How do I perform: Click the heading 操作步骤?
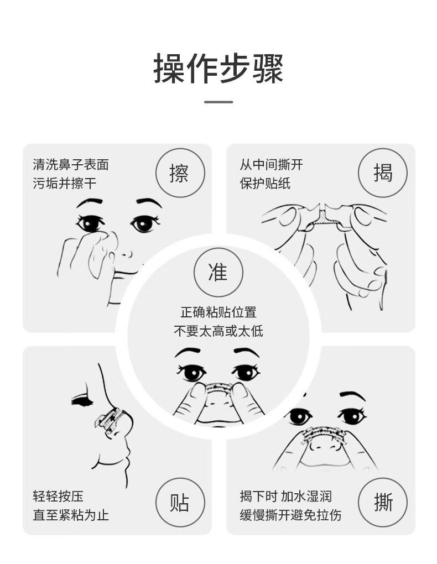[x=218, y=69]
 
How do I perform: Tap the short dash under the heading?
[x=218, y=102]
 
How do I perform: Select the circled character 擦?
[x=179, y=173]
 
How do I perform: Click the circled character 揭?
[x=383, y=173]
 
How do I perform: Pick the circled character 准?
[x=218, y=271]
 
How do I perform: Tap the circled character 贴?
[x=179, y=503]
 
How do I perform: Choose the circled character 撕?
[x=383, y=503]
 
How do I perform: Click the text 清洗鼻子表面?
[x=71, y=164]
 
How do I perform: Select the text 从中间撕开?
[x=271, y=164]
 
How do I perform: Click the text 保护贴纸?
[x=265, y=183]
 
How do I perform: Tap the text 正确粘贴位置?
[x=218, y=312]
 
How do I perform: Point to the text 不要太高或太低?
[x=218, y=331]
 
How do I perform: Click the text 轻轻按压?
[x=58, y=497]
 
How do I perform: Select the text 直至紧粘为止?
[x=71, y=515]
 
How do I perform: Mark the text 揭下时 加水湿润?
[x=285, y=497]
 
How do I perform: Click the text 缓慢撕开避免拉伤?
[x=290, y=515]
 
